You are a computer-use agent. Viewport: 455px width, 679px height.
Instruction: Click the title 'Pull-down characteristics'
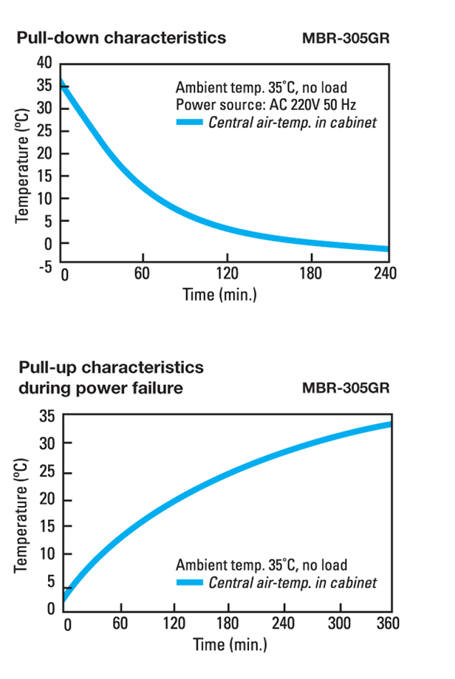point(121,37)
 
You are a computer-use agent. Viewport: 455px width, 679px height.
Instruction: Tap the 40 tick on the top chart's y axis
point(45,63)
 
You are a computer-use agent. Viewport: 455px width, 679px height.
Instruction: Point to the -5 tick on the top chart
point(44,267)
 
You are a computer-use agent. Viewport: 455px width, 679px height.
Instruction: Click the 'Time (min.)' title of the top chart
point(219,295)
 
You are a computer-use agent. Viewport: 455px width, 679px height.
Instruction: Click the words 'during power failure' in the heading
point(100,387)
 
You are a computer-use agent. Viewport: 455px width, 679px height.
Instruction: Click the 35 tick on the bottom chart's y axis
point(45,416)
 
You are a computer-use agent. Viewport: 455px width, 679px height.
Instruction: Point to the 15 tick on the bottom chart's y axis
point(45,527)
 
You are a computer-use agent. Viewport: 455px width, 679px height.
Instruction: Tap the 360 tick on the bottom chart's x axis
point(386,624)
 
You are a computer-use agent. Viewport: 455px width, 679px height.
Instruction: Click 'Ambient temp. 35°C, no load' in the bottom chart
point(261,566)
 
